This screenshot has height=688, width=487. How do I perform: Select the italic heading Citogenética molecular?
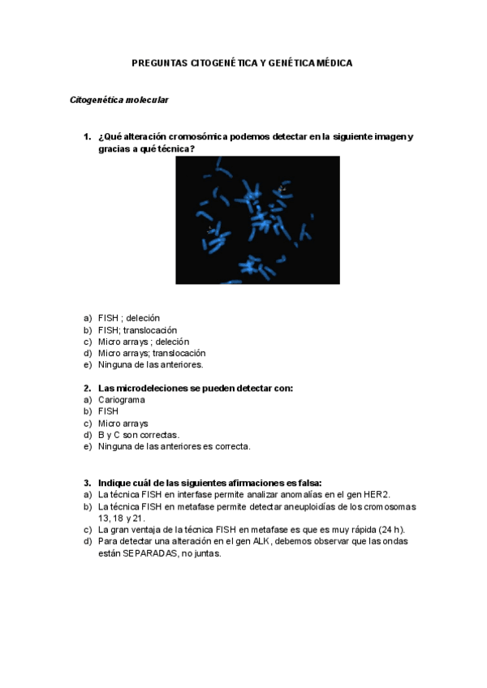(x=119, y=100)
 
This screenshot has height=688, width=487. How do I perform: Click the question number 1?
(x=87, y=137)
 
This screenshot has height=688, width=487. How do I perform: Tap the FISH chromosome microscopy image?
(x=257, y=220)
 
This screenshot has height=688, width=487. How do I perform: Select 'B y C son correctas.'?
(x=138, y=435)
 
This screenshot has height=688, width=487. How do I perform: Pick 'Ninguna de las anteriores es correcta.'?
(x=174, y=446)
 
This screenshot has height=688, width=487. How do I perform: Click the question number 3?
(x=87, y=482)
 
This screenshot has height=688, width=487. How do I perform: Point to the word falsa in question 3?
(x=308, y=482)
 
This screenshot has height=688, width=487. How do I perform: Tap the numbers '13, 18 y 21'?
(x=121, y=518)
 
